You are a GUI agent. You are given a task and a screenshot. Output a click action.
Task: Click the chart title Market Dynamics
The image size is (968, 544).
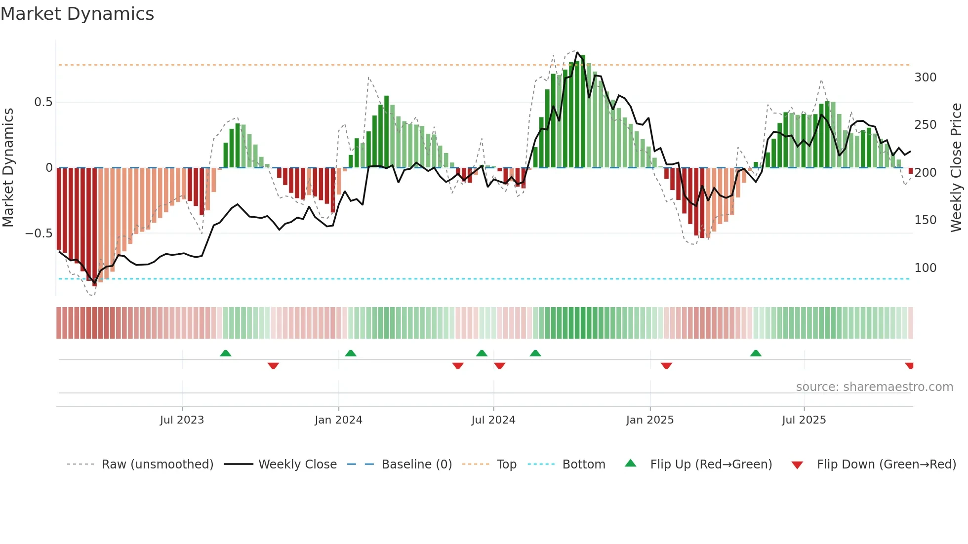click(78, 14)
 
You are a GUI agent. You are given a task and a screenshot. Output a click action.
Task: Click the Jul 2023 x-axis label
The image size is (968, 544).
click(182, 420)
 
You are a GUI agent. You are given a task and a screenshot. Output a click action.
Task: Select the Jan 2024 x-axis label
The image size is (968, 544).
click(338, 420)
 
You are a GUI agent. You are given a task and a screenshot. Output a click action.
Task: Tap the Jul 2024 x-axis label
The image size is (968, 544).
click(493, 420)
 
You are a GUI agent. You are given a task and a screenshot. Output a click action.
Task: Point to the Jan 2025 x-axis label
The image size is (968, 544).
click(649, 420)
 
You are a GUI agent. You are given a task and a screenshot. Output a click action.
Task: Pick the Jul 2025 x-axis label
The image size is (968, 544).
click(804, 420)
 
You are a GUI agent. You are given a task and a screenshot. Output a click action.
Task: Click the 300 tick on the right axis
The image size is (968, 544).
click(925, 78)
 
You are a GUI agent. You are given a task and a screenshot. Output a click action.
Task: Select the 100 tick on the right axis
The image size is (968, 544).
click(925, 268)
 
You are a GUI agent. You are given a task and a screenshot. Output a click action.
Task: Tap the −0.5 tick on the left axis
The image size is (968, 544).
click(39, 233)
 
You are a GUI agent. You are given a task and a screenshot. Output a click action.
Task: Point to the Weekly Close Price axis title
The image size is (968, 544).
click(956, 167)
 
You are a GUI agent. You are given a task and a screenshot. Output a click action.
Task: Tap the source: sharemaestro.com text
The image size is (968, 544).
click(874, 387)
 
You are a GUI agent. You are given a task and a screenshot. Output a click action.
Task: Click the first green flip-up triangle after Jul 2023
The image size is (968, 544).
click(225, 353)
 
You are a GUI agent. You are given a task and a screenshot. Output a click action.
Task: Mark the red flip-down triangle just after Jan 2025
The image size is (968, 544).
click(666, 366)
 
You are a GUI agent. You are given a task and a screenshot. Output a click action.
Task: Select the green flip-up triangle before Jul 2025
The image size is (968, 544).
click(756, 353)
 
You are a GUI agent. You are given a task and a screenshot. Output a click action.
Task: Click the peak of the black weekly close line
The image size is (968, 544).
click(578, 52)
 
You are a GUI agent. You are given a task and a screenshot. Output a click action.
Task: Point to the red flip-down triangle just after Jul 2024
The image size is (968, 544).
click(499, 366)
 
